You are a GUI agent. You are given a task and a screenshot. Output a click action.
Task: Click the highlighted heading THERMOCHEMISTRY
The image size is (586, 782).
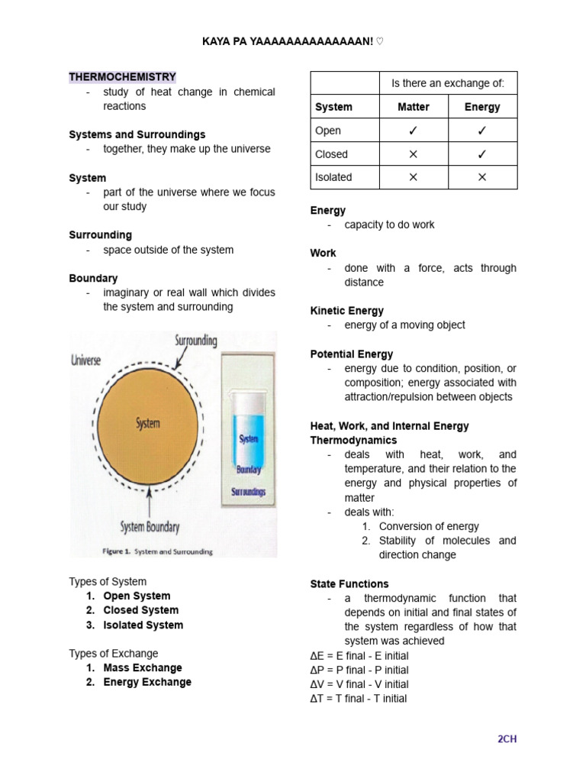tap(122, 77)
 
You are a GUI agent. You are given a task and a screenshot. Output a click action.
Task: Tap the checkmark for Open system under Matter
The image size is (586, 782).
tap(414, 131)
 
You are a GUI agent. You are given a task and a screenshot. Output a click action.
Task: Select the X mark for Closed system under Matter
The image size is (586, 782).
tap(414, 154)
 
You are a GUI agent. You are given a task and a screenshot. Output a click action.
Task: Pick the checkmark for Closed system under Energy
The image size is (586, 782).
tap(482, 154)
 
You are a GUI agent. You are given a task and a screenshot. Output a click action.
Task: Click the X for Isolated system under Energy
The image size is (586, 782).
tap(482, 177)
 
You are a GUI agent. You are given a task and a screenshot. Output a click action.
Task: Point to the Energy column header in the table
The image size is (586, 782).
tap(482, 107)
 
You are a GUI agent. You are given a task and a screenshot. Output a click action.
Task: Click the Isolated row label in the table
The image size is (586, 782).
tap(333, 177)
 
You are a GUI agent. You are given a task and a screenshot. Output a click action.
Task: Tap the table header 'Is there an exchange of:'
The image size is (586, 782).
tap(448, 82)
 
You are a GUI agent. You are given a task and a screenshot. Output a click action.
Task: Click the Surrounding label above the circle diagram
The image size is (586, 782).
tap(195, 340)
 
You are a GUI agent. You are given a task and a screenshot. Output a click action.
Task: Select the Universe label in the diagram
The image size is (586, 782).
tap(86, 360)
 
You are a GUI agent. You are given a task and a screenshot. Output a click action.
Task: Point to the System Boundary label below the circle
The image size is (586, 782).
tap(150, 526)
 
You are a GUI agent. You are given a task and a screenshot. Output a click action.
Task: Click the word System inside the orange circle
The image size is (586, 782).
tap(147, 423)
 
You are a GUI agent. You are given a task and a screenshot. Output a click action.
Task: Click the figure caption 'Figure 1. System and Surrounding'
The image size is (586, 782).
tap(157, 551)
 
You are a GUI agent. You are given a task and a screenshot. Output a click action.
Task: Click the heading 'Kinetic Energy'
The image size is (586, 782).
tap(346, 311)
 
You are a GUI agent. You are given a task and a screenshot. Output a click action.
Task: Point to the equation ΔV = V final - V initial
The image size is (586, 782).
tap(359, 684)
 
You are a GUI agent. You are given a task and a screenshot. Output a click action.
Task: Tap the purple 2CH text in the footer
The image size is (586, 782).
tap(507, 738)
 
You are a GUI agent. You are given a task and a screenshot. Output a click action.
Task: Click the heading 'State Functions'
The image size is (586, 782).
tap(349, 583)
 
